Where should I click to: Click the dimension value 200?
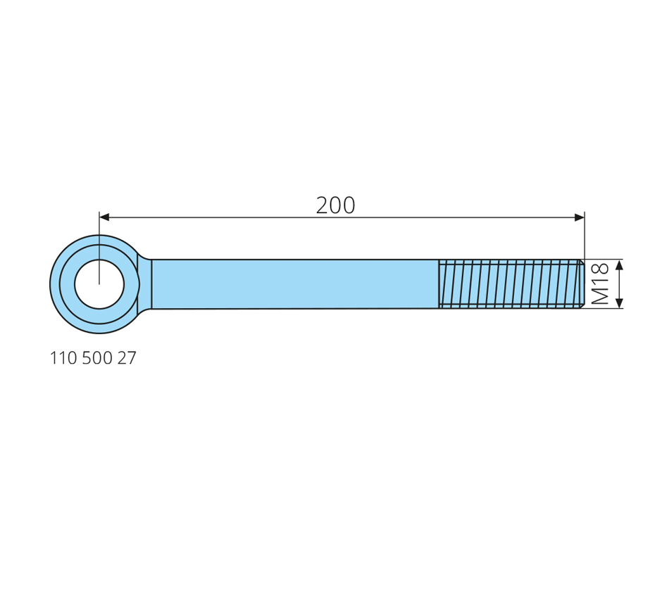[335, 205]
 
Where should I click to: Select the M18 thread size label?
[600, 284]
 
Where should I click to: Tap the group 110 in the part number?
[64, 358]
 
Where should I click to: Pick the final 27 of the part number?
[127, 358]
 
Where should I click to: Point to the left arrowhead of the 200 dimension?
[104, 217]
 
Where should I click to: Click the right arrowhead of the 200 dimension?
[580, 217]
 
